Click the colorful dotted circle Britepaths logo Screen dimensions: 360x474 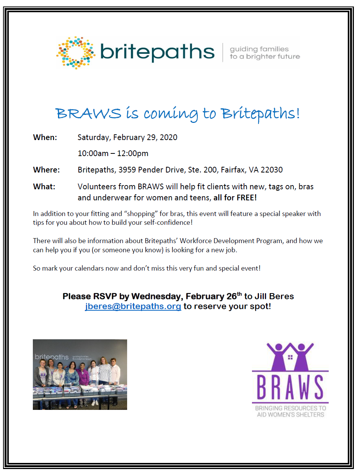tap(76, 53)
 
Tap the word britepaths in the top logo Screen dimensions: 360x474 tap(157, 52)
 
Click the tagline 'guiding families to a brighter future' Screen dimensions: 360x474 tap(265, 53)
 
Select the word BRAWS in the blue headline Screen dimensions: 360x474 tap(88, 113)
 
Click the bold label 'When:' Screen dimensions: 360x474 tap(45, 137)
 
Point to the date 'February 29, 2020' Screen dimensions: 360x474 tap(145, 137)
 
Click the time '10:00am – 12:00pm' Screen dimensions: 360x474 tap(113, 153)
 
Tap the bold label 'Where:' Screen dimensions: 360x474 tap(46, 170)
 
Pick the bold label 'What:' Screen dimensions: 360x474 tap(44, 187)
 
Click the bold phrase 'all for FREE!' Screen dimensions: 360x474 tap(235, 198)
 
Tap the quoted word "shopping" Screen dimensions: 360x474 tap(139, 214)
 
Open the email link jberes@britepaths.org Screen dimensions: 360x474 tap(133, 306)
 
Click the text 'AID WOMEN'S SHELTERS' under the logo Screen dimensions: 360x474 tap(291, 414)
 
